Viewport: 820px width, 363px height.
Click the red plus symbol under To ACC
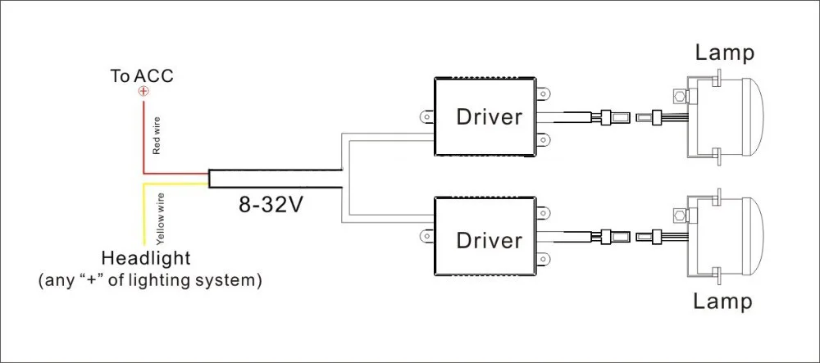click(143, 92)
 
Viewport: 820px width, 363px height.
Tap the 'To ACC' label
click(141, 76)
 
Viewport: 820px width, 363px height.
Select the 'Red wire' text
click(157, 136)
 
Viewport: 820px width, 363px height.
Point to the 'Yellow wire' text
click(161, 219)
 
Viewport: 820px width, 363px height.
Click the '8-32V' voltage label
click(271, 205)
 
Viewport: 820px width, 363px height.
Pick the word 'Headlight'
click(146, 259)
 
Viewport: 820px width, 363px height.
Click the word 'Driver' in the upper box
click(489, 117)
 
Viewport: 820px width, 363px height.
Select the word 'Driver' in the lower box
click(489, 240)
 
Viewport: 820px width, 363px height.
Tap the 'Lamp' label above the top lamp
click(724, 52)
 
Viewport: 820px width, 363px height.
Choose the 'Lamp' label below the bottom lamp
click(723, 302)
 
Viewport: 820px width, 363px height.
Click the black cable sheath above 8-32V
click(275, 179)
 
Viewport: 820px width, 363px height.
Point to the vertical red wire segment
click(143, 137)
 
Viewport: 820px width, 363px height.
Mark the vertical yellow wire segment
click(143, 214)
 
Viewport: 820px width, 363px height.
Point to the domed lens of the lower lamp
click(754, 235)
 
